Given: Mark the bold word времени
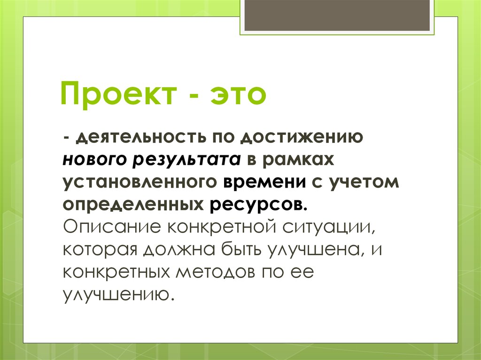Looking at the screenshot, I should [264, 182].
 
